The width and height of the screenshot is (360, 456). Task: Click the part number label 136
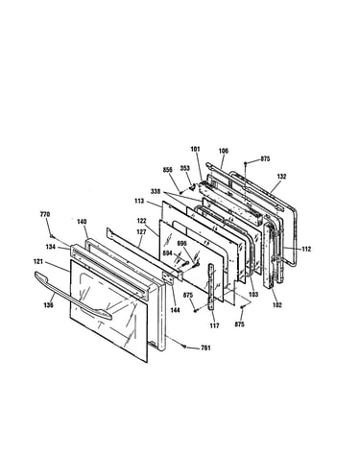[x=48, y=305]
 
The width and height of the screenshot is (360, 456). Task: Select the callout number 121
[x=38, y=262]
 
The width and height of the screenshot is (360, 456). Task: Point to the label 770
[x=45, y=214]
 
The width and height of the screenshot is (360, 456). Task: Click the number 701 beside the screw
[x=205, y=348]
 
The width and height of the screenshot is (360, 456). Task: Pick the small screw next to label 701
[x=184, y=346]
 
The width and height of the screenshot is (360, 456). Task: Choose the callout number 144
[x=175, y=310]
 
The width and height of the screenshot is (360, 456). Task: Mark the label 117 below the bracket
[x=214, y=325]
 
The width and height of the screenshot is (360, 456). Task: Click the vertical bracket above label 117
[x=212, y=287]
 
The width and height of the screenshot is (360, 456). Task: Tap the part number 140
[x=82, y=222]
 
